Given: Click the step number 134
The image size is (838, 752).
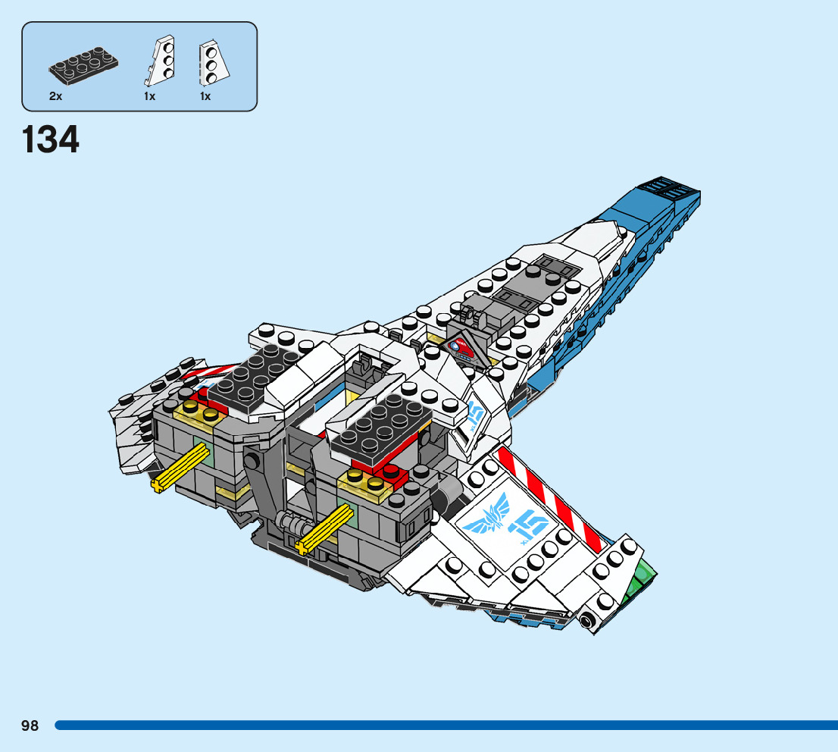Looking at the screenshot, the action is coord(51,140).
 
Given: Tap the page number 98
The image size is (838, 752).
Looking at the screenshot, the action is coord(30,726).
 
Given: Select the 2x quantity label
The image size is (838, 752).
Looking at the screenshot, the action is coord(55,97).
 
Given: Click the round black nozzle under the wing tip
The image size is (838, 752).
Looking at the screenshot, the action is coord(587,623).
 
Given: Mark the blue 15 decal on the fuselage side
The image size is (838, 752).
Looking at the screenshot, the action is coord(476,415).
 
